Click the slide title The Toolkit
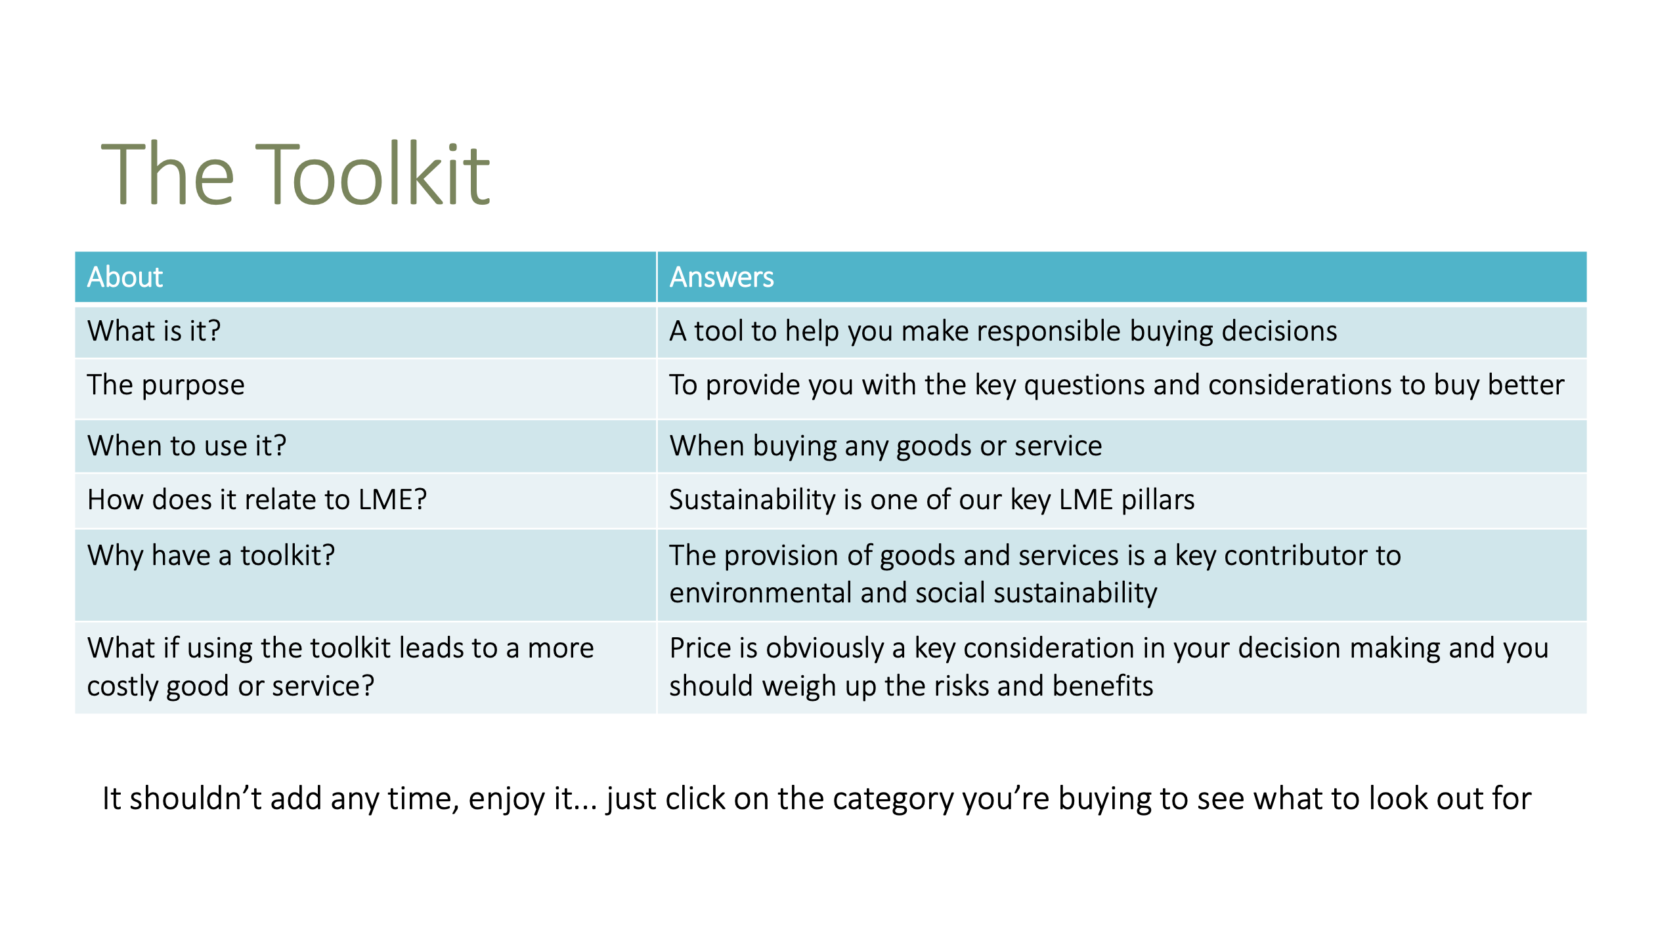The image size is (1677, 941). click(295, 173)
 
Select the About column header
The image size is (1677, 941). click(125, 277)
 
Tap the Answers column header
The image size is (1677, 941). click(722, 277)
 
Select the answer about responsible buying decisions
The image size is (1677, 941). click(1003, 331)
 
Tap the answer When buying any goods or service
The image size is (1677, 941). click(886, 446)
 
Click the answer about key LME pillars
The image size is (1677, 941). click(932, 501)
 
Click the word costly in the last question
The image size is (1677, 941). click(123, 687)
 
